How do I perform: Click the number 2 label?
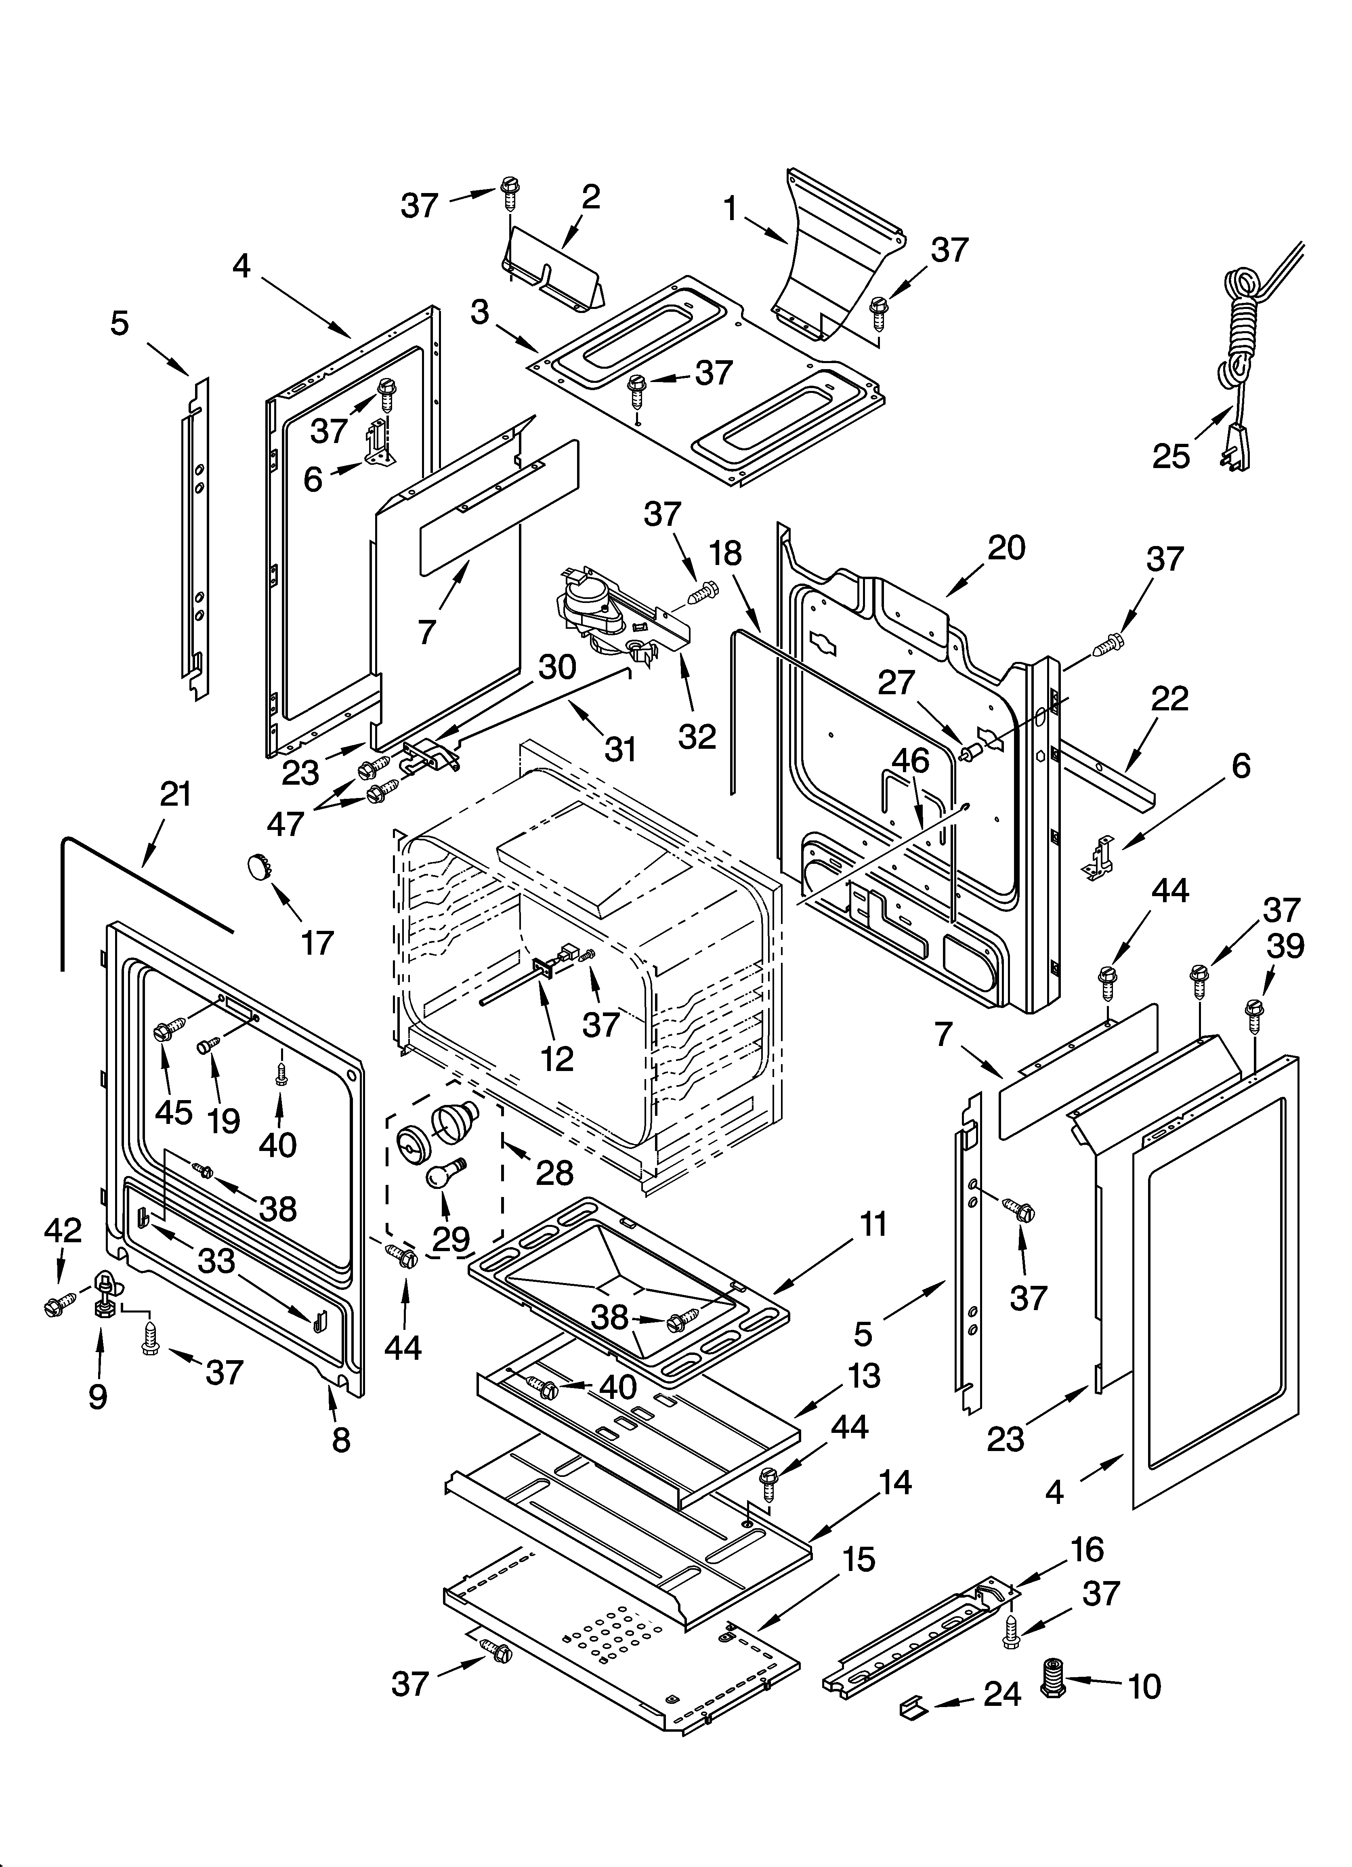590,197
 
